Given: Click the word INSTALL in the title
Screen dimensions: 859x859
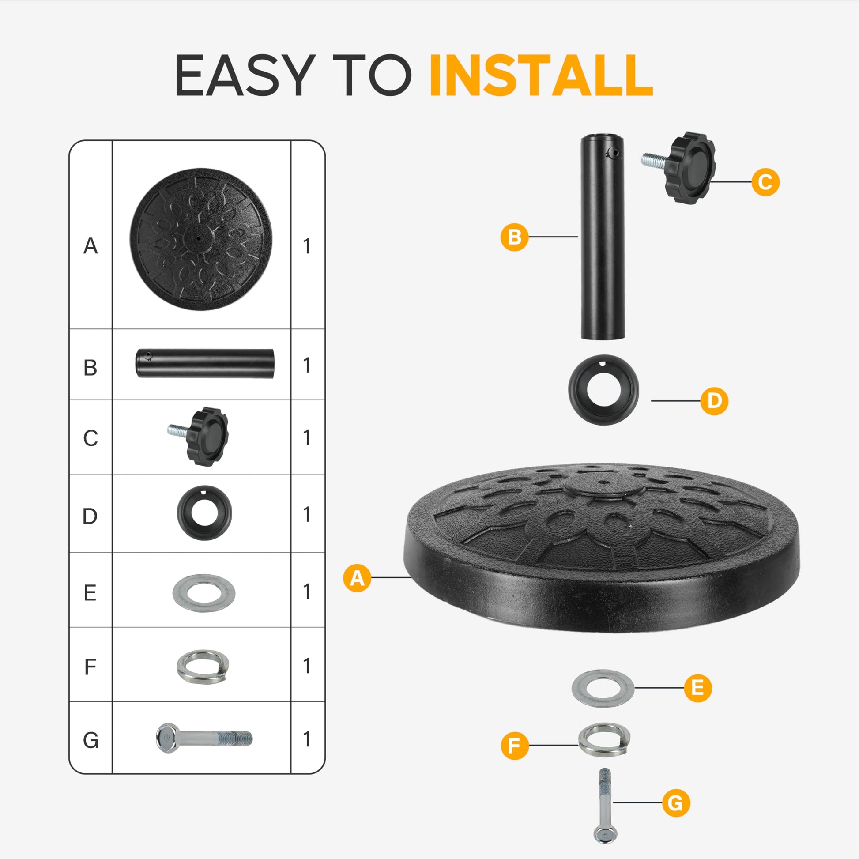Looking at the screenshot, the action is [541, 75].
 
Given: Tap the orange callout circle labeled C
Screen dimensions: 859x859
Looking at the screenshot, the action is [765, 182].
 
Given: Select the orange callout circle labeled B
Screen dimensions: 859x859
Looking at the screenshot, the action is [514, 237].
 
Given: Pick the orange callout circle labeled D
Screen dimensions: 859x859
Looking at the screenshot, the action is [714, 401].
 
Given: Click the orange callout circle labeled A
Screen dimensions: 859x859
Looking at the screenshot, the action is [357, 578].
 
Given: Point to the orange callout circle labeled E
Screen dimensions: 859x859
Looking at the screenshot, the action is [697, 688].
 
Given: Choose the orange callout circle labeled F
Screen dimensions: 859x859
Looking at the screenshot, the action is [514, 746].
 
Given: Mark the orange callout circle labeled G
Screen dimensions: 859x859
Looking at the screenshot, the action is [676, 803].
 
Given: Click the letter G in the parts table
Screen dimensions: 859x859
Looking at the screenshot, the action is [90, 740].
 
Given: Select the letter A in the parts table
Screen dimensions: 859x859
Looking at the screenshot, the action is [90, 246].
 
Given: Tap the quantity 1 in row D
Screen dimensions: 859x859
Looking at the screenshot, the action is [306, 514].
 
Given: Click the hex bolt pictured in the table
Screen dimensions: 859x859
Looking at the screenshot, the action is [203, 738].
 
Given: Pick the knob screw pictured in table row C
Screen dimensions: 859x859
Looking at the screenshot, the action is [198, 435].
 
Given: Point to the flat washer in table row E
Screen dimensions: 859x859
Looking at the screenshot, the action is [203, 593].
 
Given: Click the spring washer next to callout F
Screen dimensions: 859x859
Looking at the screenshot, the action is [604, 739].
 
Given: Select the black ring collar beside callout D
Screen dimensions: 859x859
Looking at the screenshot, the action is [604, 390].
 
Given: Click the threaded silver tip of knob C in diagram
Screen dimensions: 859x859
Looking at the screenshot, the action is [655, 160].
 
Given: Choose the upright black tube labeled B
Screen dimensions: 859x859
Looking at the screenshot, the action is [603, 237].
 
